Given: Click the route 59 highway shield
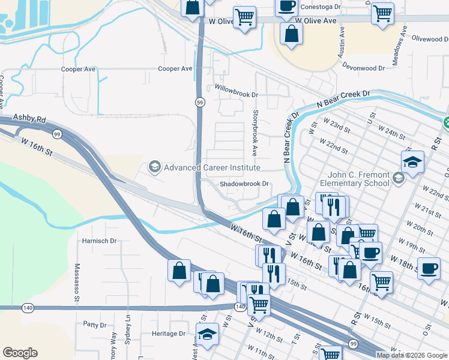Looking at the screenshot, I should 199,103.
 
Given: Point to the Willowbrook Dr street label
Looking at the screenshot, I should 237,95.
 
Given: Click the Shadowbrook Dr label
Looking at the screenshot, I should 243,184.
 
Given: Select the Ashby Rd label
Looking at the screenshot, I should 29,119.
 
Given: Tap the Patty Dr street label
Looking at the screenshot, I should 95,325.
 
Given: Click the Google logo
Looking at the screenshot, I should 20,353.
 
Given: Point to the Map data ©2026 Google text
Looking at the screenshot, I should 412,355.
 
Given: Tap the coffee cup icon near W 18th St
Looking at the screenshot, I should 429,269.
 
